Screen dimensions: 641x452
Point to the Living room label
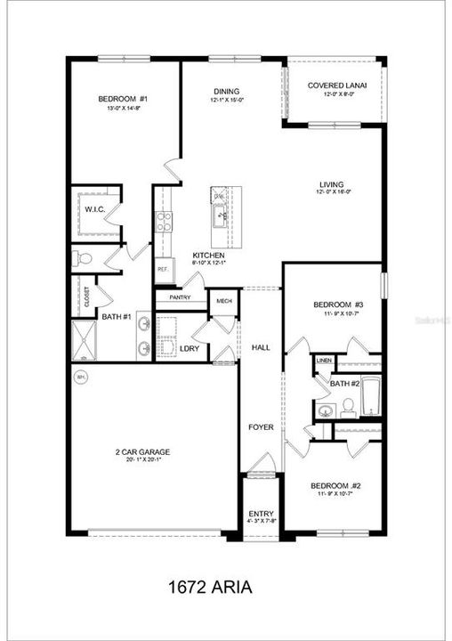(x=332, y=185)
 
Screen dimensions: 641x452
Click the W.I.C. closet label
(x=95, y=209)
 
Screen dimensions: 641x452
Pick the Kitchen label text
(x=208, y=256)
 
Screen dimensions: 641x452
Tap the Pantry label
(x=182, y=299)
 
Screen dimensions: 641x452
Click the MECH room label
(x=224, y=302)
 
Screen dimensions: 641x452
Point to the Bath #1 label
(x=117, y=316)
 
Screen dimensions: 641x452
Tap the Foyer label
(x=261, y=427)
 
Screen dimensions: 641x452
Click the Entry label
(x=261, y=514)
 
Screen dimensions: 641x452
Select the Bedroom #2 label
(x=334, y=486)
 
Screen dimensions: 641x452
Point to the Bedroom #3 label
(x=335, y=306)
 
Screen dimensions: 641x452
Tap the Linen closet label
(x=323, y=361)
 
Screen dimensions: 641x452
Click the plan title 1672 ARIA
(x=210, y=588)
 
